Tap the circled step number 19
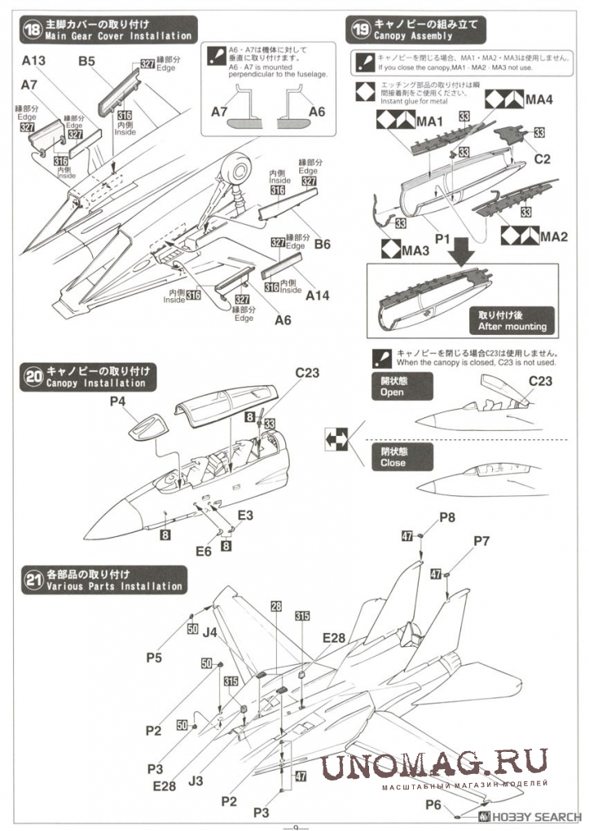pos(358,30)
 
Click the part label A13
pos(35,60)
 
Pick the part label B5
pos(87,60)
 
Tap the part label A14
pos(317,296)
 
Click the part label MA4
pos(539,99)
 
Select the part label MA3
pos(415,249)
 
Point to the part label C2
pos(542,159)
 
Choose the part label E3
pos(245,515)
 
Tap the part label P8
pos(448,517)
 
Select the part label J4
pos(209,631)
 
